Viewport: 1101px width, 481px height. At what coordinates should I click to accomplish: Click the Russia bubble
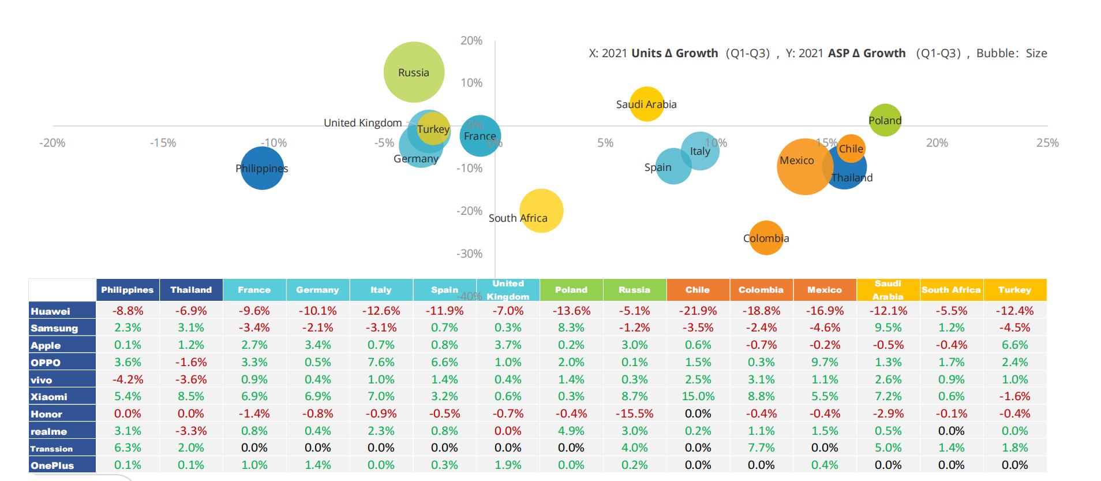point(414,72)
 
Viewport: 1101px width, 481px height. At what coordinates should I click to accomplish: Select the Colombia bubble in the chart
point(766,238)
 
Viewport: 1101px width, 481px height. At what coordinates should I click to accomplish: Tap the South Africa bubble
point(541,211)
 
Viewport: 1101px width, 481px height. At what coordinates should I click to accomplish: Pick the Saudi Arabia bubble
point(646,104)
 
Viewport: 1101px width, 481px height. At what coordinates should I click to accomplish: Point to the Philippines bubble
point(262,168)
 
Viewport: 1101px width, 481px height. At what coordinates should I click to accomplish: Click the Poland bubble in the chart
point(885,120)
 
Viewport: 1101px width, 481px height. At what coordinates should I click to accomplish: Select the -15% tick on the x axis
point(163,143)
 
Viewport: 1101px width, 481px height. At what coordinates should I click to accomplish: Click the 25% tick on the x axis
point(1047,143)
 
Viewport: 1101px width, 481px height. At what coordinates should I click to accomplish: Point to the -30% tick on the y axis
point(469,253)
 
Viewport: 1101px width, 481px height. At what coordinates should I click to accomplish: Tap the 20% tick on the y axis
point(471,40)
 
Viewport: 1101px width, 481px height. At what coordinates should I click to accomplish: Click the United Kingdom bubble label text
point(362,122)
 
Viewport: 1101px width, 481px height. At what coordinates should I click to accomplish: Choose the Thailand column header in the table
point(191,290)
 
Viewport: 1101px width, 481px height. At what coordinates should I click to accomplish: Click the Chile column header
point(698,290)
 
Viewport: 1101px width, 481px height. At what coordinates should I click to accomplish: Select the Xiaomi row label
point(49,397)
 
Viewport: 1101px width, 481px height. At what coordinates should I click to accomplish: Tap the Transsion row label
point(52,449)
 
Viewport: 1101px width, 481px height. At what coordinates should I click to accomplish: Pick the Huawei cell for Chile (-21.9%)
point(698,311)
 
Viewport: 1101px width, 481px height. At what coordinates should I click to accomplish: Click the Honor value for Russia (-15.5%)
point(634,413)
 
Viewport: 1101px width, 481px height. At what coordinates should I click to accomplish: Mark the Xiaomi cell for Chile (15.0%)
point(698,396)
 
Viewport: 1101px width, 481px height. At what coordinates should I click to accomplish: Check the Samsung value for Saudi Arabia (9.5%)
point(888,327)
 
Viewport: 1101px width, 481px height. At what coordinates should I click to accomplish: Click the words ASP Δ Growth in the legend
point(866,53)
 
